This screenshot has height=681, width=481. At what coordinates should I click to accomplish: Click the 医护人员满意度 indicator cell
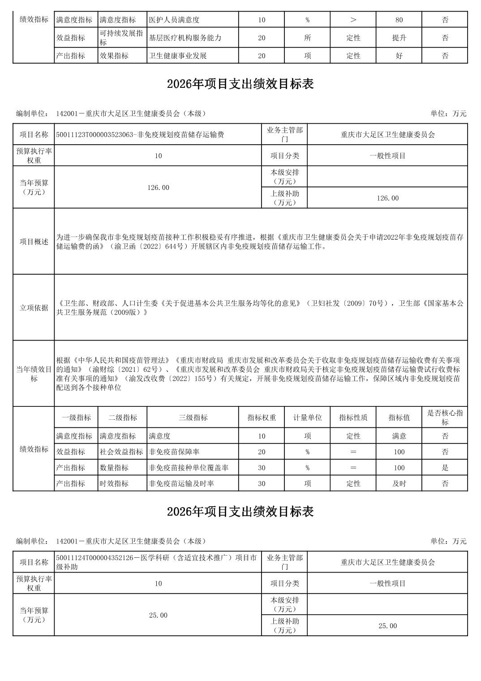tap(175, 20)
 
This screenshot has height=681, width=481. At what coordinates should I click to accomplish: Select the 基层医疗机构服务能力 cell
tap(185, 38)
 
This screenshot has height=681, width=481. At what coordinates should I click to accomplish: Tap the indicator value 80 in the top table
tap(399, 20)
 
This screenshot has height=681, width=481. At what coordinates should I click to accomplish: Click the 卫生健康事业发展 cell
tap(178, 56)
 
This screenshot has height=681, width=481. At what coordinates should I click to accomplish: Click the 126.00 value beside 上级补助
tap(387, 198)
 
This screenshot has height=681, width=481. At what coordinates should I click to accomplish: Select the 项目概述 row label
tap(34, 241)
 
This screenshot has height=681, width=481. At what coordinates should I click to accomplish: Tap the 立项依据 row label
tap(34, 307)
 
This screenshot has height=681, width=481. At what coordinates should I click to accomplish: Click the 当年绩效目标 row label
tap(34, 374)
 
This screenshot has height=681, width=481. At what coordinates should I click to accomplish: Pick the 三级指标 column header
tap(193, 418)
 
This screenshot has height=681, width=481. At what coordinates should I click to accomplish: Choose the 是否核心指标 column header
tap(445, 418)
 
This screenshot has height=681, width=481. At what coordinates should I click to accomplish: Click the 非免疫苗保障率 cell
tap(174, 452)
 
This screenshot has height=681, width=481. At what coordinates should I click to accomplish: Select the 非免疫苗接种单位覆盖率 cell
tap(189, 468)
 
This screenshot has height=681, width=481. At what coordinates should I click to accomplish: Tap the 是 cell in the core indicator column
tap(445, 468)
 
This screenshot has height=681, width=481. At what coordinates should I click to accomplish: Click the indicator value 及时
tap(399, 483)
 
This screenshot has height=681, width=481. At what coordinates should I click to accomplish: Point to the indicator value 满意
tap(399, 436)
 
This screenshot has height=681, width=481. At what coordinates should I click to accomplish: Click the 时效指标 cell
tap(114, 483)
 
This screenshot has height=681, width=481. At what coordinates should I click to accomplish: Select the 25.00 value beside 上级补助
tap(387, 626)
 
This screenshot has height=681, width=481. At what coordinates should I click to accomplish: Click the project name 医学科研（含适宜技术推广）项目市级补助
tap(156, 562)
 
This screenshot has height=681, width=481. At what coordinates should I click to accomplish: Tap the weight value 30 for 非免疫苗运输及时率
tap(262, 483)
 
